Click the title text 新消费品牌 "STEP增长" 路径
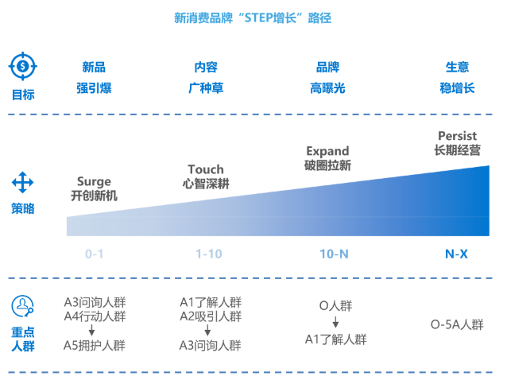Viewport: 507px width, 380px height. (253, 17)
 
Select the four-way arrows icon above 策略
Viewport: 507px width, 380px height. (22, 184)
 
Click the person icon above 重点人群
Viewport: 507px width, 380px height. (22, 305)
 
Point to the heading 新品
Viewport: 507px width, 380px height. (94, 68)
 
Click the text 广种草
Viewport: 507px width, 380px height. (206, 87)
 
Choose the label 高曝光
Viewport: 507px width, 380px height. (327, 87)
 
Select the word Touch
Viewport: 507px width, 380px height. (206, 169)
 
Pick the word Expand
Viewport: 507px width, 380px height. (327, 150)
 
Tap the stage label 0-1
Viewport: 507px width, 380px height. (94, 254)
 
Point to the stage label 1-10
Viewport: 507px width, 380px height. (209, 254)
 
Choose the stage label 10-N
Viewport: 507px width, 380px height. (332, 254)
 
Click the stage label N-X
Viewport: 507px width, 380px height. (456, 254)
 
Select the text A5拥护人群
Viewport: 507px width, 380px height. (95, 345)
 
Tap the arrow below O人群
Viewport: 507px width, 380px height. (335, 323)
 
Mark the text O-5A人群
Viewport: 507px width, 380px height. (456, 324)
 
